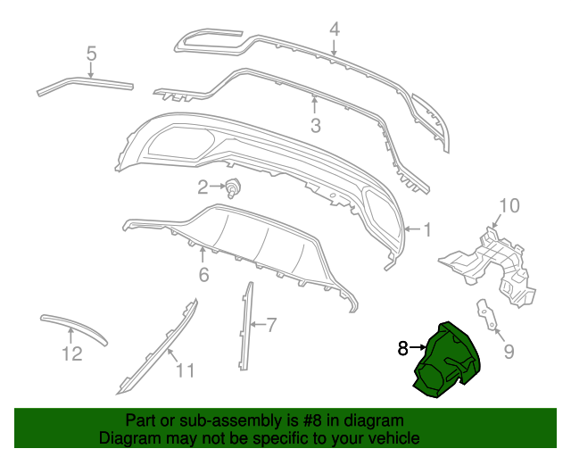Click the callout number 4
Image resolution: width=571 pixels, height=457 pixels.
click(335, 29)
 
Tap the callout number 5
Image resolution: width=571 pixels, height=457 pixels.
click(91, 54)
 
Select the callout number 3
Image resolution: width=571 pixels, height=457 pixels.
click(315, 126)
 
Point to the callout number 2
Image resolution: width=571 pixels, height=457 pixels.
click(203, 187)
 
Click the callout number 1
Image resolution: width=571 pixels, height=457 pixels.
click(426, 229)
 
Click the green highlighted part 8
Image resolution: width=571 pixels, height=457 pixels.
click(447, 361)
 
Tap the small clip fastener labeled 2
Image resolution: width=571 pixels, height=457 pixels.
click(235, 187)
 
